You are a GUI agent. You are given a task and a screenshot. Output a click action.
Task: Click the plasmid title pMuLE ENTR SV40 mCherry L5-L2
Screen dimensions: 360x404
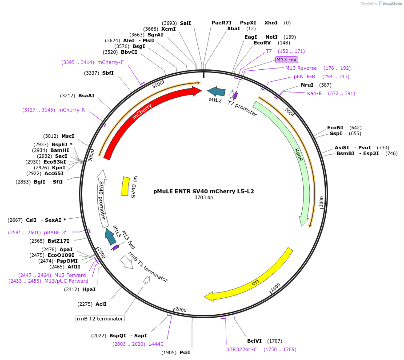tap(204, 192)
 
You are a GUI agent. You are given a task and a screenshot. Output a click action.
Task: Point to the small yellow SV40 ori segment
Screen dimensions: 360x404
tap(125, 186)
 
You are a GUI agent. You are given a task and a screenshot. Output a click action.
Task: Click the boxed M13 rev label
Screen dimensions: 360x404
tap(287, 60)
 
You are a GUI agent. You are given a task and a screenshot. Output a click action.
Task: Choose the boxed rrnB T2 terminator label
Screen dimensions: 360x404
tap(100, 319)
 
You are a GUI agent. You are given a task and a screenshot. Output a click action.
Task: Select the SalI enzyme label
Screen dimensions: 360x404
tap(185, 23)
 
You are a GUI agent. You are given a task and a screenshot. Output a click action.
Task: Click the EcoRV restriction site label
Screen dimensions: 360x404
tap(262, 43)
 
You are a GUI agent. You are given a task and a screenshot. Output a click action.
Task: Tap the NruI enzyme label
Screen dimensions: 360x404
tap(307, 85)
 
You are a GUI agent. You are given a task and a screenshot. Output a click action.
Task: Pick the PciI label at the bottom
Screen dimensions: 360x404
tap(185, 352)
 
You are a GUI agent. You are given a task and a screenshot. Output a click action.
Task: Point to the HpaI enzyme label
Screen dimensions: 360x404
tap(89, 289)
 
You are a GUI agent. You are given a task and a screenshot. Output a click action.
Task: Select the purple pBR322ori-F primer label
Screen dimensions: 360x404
tap(241, 349)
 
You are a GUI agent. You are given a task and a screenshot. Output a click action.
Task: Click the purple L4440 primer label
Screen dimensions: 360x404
tap(156, 344)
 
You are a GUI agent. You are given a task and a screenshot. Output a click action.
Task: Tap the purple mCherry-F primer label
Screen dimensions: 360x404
tap(110, 62)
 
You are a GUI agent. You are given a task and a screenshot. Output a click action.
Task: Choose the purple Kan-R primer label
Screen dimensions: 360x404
tap(314, 93)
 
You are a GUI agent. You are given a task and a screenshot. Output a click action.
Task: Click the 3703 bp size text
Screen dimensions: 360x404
tap(204, 197)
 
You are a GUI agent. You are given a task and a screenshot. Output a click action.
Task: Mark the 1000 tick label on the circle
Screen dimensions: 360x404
tap(321, 201)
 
